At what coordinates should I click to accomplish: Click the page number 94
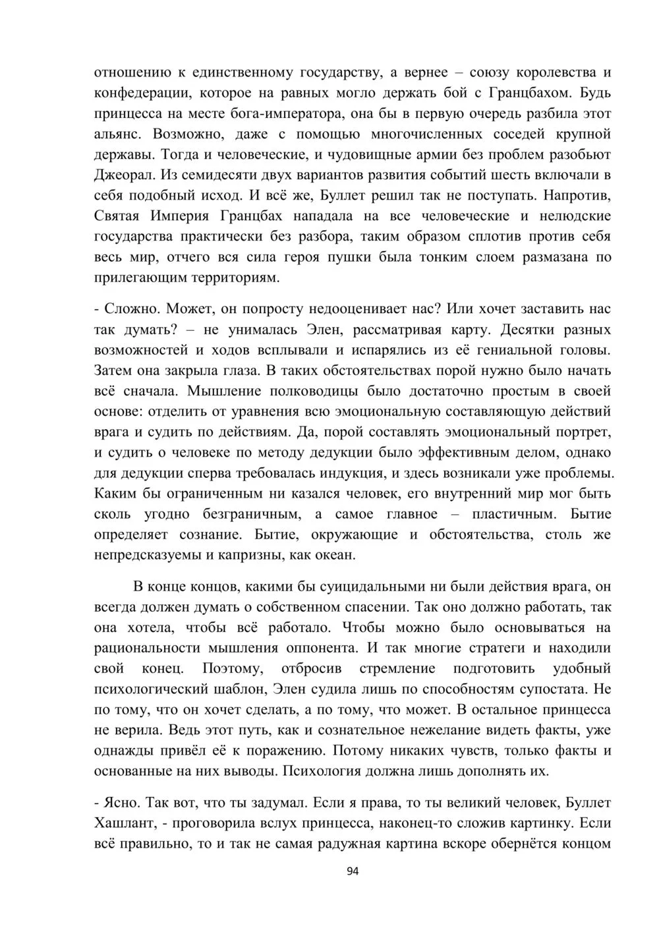352,871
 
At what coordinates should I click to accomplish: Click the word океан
332,555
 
